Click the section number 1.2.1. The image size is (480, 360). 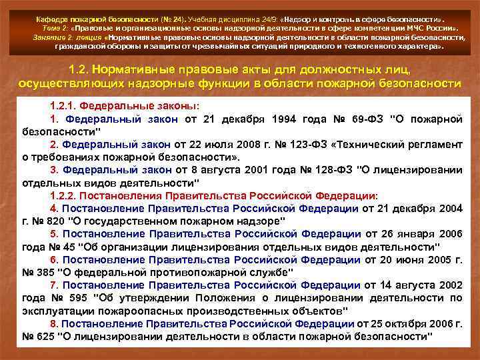coord(65,107)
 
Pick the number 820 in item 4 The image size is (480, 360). coord(50,221)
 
